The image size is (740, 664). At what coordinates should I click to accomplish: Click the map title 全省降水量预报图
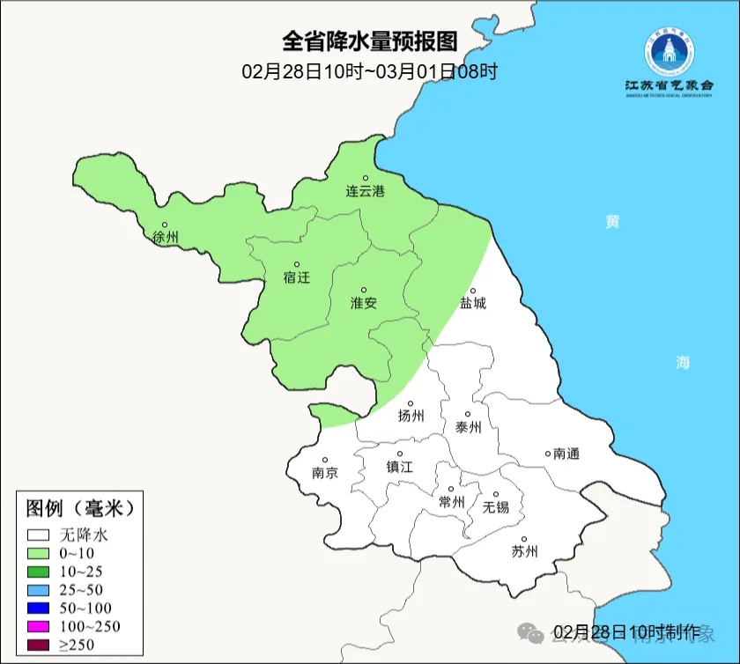point(370,41)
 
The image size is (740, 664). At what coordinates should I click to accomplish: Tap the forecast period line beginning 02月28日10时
point(370,71)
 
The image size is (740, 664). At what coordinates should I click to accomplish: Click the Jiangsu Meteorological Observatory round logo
point(669,52)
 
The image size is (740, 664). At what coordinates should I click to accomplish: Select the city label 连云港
point(365,190)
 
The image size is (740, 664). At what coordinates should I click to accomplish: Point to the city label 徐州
point(165,237)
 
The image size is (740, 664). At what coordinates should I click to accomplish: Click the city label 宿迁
point(297,277)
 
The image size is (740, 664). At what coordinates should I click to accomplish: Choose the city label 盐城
point(472,303)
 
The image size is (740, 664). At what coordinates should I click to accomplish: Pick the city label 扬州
point(411,417)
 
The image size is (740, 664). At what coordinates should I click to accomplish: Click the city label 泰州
point(468,427)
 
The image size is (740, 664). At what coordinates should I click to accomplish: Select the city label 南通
point(566,454)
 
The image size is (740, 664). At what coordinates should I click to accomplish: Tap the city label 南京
point(324,472)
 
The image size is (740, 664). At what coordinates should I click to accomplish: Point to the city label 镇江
point(399,468)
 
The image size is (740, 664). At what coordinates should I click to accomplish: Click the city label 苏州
point(524,552)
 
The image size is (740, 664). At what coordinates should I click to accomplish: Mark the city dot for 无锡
point(495,495)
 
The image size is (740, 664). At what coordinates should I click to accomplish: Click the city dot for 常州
point(451,490)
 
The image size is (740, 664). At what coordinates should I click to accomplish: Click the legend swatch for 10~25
point(38,572)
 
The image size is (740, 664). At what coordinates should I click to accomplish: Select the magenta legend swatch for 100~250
point(38,626)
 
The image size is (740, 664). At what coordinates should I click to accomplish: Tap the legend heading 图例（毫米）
point(79,508)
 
